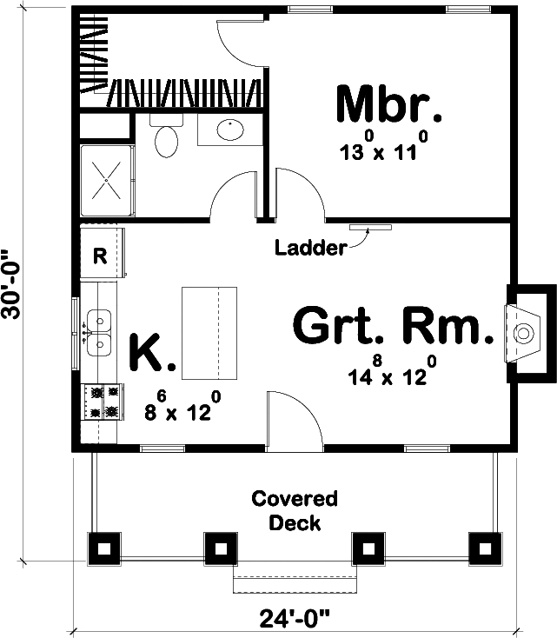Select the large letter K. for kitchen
(152, 353)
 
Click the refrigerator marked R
(100, 256)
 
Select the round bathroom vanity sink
(229, 130)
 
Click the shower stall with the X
(107, 181)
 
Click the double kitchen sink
(99, 331)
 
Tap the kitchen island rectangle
(209, 332)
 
